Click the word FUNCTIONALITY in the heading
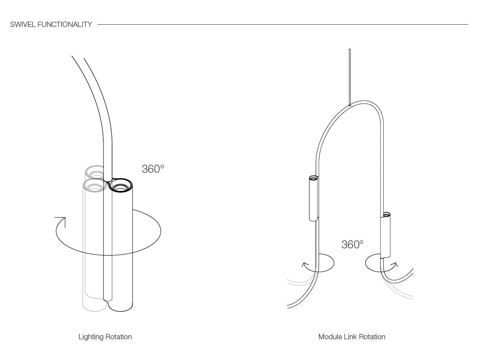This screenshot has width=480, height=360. click(x=65, y=24)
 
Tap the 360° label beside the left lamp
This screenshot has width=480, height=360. click(x=153, y=169)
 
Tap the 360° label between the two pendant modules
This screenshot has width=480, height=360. click(x=352, y=245)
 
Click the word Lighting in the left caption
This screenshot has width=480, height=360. click(x=91, y=337)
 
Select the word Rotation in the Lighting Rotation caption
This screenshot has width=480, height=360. click(x=118, y=337)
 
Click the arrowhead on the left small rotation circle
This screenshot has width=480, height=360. click(x=305, y=265)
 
